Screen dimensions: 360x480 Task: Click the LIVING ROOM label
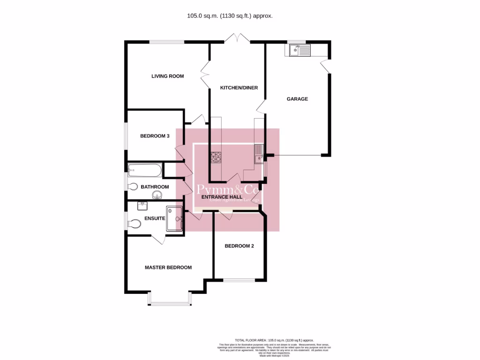167,76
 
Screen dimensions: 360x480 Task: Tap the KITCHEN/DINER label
240,88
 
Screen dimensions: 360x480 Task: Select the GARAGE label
297,99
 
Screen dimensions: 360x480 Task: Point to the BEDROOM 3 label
155,136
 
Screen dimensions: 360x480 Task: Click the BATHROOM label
155,187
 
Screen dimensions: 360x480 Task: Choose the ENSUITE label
154,218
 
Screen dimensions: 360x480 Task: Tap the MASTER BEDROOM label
168,267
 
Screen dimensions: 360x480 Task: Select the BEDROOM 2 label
239,246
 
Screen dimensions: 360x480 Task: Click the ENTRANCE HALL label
222,197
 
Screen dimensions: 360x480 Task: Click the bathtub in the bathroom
145,170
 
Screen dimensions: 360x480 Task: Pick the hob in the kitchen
216,157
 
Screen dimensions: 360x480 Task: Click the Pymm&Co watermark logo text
227,189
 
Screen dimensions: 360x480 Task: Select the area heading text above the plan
230,15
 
